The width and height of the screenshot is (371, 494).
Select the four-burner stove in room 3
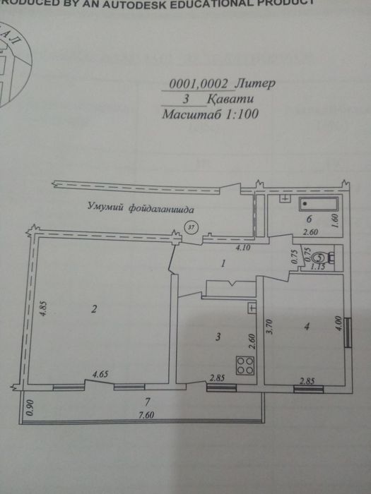tap(245, 366)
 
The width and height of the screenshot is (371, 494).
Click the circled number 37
tap(190, 227)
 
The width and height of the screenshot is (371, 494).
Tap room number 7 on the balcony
tap(146, 402)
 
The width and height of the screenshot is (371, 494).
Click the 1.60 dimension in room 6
tap(334, 220)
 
